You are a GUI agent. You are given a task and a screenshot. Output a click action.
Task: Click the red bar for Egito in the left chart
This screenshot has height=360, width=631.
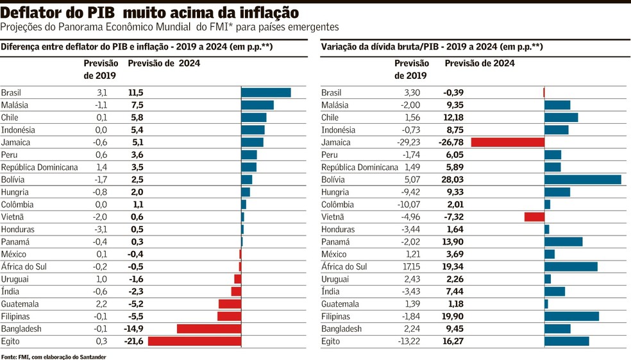(x=194, y=341)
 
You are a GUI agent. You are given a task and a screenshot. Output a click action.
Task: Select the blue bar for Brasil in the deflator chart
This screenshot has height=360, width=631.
(x=265, y=92)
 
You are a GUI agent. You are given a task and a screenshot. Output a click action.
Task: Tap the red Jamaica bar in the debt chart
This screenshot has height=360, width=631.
(x=507, y=142)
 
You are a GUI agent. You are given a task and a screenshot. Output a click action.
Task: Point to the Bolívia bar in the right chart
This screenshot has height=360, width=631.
(x=582, y=180)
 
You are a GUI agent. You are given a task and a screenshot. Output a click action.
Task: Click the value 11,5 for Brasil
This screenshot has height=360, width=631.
(x=135, y=92)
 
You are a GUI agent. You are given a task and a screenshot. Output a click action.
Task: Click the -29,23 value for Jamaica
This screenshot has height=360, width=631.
(x=407, y=142)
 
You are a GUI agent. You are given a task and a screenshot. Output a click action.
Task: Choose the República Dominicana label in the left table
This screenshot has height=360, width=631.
(x=39, y=167)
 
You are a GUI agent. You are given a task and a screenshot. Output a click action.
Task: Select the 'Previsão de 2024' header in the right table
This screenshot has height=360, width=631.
(x=479, y=64)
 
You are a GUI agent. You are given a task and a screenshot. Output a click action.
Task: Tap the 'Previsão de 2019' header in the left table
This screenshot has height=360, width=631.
(x=101, y=69)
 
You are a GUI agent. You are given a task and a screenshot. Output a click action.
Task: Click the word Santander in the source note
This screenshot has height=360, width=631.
(x=92, y=357)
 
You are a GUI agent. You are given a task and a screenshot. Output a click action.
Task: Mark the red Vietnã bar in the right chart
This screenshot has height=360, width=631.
(x=534, y=217)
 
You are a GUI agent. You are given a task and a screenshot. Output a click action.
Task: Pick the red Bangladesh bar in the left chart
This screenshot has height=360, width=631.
(x=209, y=329)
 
